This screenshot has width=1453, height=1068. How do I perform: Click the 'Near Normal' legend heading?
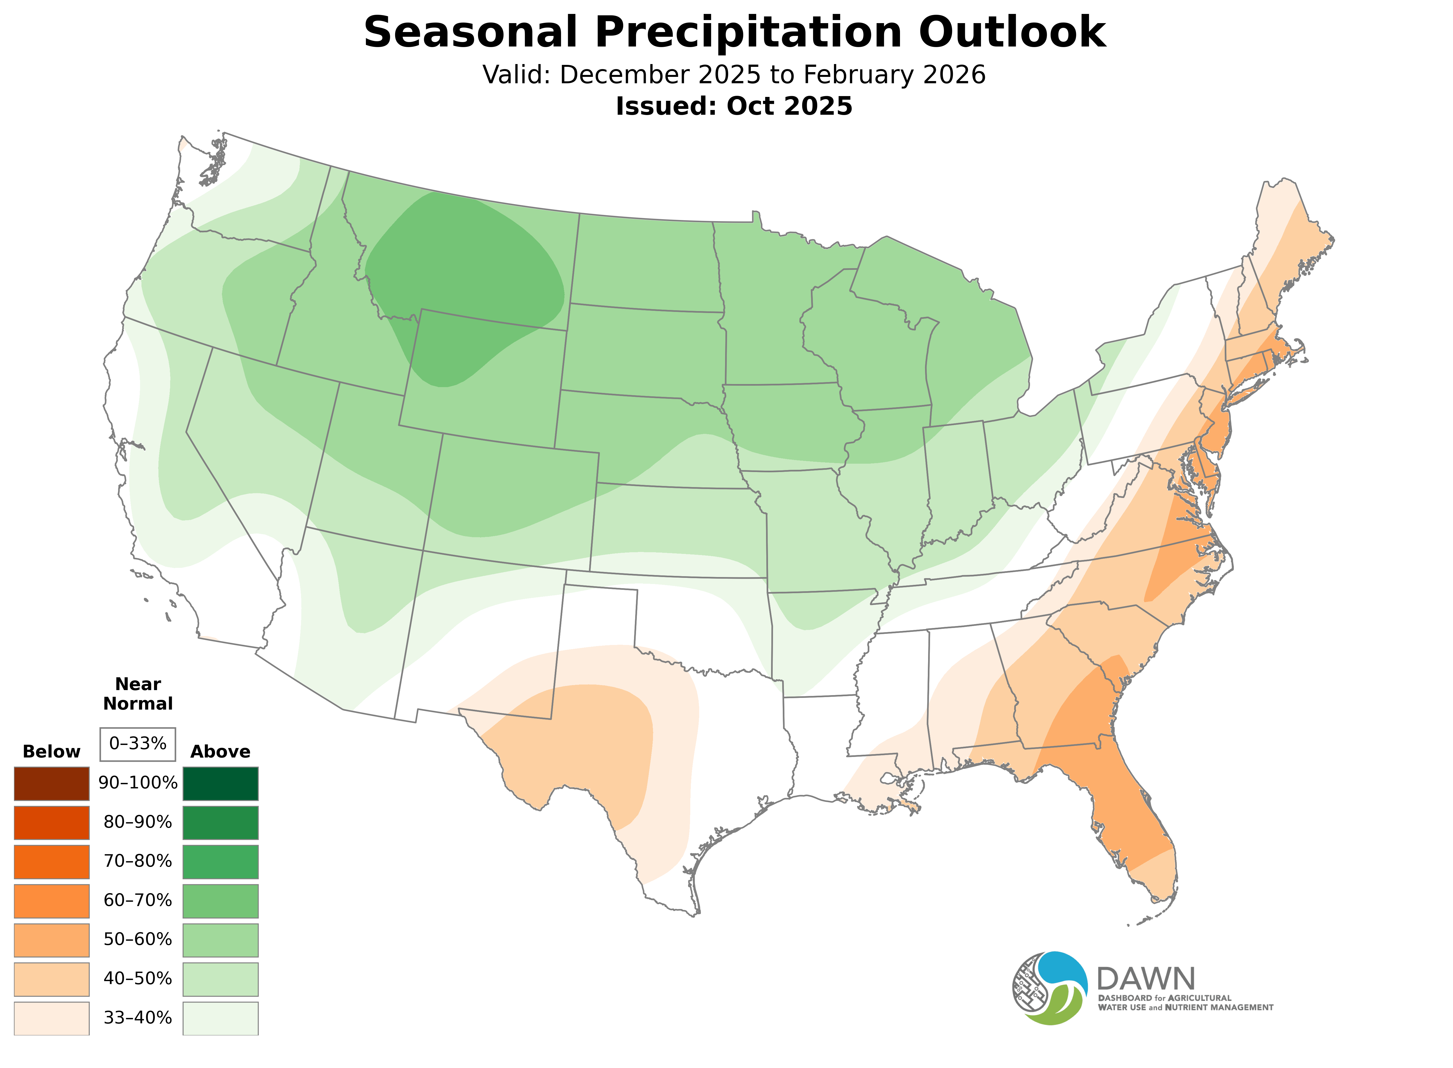pyautogui.click(x=138, y=694)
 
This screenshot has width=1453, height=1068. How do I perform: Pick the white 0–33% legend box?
pyautogui.click(x=138, y=744)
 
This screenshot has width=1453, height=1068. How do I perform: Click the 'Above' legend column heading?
pyautogui.click(x=221, y=752)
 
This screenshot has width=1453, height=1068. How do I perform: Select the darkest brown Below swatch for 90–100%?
pyautogui.click(x=52, y=784)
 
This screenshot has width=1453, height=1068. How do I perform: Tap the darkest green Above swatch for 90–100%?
pyautogui.click(x=221, y=784)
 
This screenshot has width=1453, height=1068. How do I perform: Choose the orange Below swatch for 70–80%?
pyautogui.click(x=52, y=862)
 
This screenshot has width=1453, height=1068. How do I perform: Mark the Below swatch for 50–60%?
pyautogui.click(x=52, y=940)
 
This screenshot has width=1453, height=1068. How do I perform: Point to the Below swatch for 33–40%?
pyautogui.click(x=52, y=1018)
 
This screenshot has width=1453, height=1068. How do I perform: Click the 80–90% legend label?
pyautogui.click(x=138, y=822)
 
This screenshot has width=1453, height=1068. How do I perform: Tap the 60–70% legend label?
pyautogui.click(x=138, y=901)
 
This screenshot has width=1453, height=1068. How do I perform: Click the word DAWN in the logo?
pyautogui.click(x=1145, y=979)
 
